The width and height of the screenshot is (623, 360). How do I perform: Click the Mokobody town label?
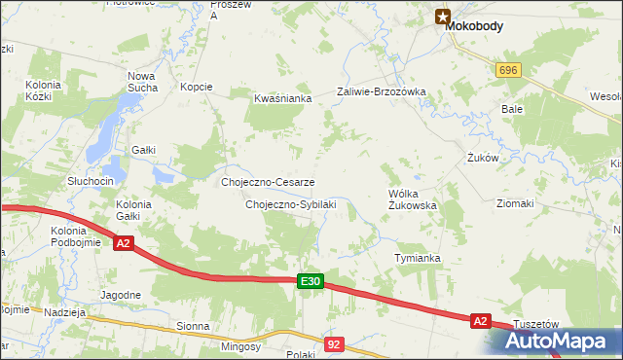(474, 27)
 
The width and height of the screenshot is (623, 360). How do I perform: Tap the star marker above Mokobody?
(443, 15)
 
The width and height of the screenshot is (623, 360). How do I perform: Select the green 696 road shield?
(507, 71)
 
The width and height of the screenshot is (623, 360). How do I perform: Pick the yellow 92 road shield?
(335, 343)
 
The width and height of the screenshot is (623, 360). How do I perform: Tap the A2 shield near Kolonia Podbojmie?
(123, 243)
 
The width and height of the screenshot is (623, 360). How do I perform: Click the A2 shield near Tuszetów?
(479, 319)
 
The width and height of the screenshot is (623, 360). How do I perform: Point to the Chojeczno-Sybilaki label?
(290, 204)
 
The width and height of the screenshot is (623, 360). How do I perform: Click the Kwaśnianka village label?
(281, 98)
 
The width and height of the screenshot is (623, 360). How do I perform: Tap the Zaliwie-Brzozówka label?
(382, 91)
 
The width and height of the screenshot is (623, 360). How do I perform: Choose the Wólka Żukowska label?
(412, 199)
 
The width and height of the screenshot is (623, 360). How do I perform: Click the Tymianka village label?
(418, 258)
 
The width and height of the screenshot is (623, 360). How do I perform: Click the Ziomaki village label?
(515, 203)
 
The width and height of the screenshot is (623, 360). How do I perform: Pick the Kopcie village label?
(197, 87)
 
